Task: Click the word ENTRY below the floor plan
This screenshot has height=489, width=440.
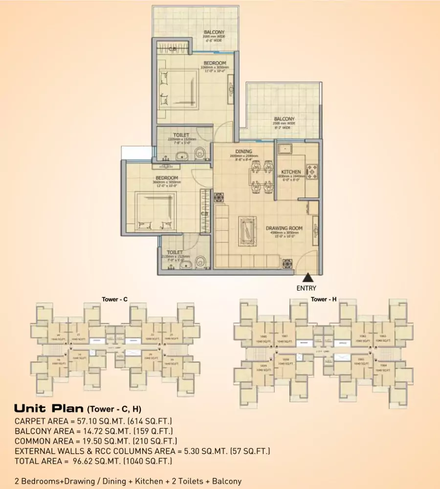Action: [306, 289]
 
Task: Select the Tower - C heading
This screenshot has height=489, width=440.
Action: [114, 299]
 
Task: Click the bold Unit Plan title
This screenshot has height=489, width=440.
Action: [49, 408]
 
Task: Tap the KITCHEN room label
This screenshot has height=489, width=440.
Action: [291, 172]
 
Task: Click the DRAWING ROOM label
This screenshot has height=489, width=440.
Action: [284, 228]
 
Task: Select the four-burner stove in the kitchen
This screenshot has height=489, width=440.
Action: [311, 171]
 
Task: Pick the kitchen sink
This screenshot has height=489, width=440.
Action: [285, 148]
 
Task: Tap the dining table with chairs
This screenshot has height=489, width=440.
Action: [259, 174]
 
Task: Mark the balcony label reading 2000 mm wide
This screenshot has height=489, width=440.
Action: [214, 33]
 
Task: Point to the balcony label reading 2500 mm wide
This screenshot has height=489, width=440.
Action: [284, 119]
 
